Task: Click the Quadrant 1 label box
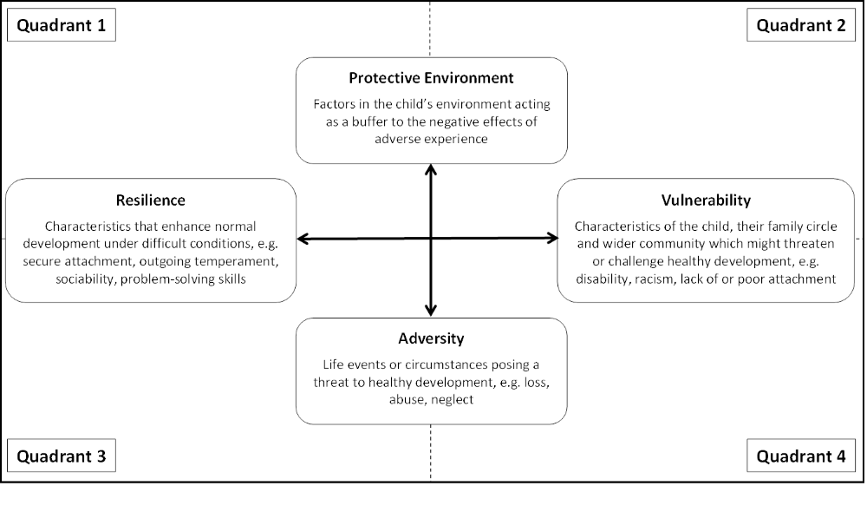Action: (62, 25)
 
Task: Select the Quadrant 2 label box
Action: (800, 25)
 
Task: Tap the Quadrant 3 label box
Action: (62, 456)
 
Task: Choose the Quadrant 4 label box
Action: (800, 456)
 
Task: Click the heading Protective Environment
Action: (431, 78)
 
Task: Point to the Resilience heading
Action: (150, 200)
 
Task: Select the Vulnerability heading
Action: (706, 200)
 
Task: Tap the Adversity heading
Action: (431, 338)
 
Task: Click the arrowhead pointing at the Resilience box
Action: (303, 239)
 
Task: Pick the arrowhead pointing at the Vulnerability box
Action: (552, 239)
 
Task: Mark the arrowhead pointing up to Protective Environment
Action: (431, 169)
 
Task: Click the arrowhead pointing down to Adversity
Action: (431, 311)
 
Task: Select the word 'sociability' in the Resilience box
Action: (86, 279)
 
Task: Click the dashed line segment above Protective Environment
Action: (430, 29)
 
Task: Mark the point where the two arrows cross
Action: (431, 239)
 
